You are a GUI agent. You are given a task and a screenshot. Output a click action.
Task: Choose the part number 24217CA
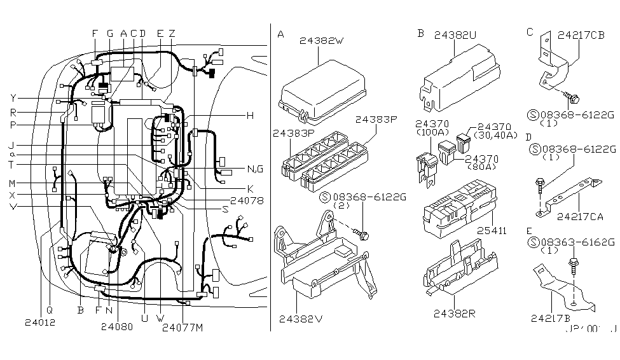(579, 216)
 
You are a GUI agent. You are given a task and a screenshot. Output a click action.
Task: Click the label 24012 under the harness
(41, 322)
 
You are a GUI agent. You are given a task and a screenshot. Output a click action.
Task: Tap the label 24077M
(183, 328)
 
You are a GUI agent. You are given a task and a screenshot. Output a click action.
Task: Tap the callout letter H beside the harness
(250, 115)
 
